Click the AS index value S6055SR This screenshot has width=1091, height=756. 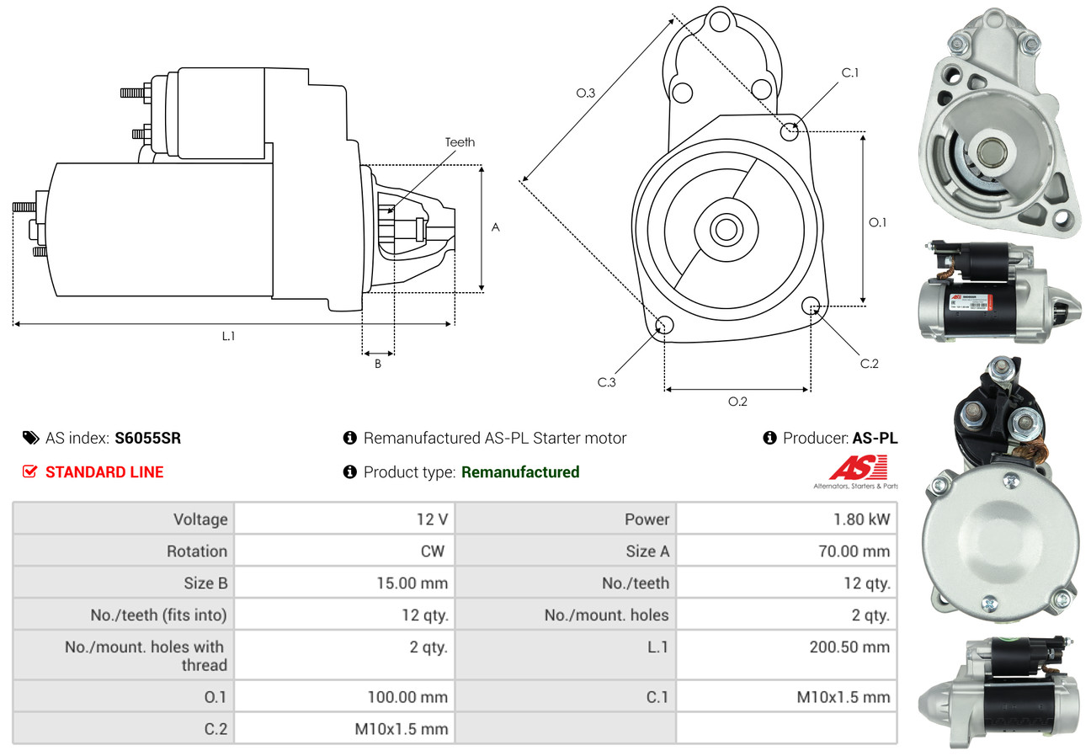click(x=147, y=438)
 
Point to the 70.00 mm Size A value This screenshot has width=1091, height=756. click(x=853, y=551)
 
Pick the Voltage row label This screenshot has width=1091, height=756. click(x=200, y=519)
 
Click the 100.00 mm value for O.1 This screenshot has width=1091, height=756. click(x=407, y=697)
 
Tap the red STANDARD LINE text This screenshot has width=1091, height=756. click(x=104, y=472)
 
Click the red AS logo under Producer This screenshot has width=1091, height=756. click(x=858, y=468)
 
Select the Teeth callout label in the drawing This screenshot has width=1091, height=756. click(x=460, y=142)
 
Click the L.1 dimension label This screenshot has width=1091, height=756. click(x=228, y=336)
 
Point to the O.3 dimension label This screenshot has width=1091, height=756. click(x=586, y=93)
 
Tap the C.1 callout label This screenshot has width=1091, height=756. click(x=850, y=72)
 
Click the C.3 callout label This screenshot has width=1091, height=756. click(x=607, y=383)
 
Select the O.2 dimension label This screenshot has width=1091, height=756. click(x=737, y=402)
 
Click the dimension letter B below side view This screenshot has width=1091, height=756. click(x=378, y=365)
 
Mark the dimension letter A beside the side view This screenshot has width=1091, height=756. click(x=496, y=227)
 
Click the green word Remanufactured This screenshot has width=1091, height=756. click(x=520, y=472)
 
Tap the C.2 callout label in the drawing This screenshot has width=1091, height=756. click(x=869, y=364)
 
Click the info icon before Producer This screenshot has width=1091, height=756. click(x=769, y=438)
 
